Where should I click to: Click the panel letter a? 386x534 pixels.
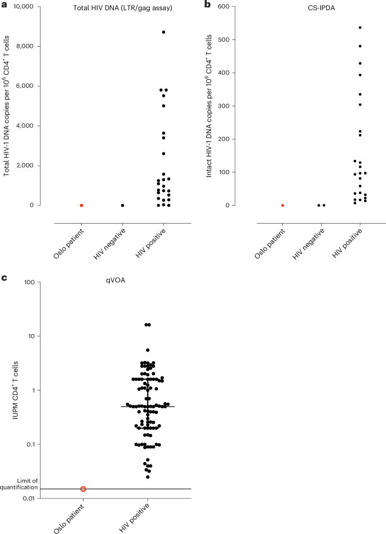point(3,5)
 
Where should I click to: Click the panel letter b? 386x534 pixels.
point(207,5)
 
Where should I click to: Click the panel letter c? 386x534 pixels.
point(3,278)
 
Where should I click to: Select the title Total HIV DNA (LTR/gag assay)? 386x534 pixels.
point(122,9)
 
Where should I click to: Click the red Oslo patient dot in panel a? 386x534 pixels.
point(82,206)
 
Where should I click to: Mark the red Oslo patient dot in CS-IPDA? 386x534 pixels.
point(283,206)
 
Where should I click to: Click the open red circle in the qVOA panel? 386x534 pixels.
point(83,489)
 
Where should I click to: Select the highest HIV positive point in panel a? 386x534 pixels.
point(163,32)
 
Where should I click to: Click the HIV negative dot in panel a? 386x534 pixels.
point(122,206)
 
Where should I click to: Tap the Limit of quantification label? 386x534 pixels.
point(19,483)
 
